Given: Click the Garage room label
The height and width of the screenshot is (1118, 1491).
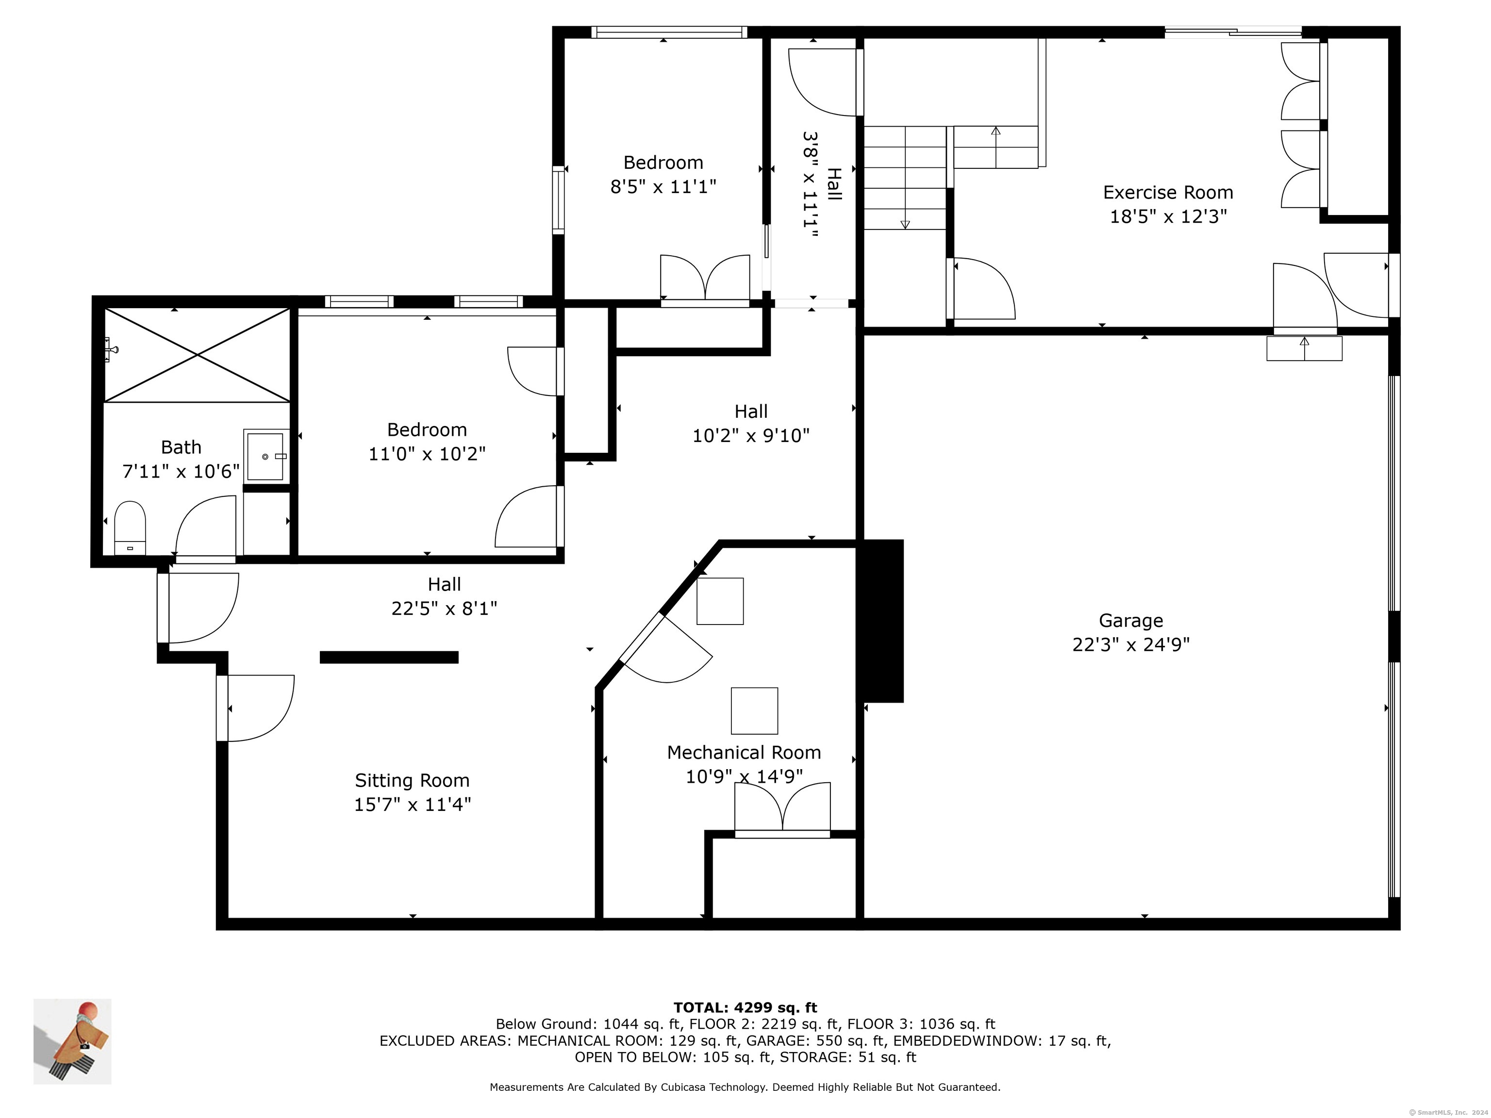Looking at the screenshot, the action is (x=1130, y=620).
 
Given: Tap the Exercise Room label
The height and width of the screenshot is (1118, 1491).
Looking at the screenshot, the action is (x=1168, y=192).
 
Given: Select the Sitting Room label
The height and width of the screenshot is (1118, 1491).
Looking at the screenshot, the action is (x=412, y=780).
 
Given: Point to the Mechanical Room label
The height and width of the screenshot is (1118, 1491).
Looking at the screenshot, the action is (x=744, y=752).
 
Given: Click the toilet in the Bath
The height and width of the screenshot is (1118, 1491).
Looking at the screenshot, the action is (x=130, y=527).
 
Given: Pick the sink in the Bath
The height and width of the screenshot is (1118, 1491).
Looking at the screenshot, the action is (x=265, y=456).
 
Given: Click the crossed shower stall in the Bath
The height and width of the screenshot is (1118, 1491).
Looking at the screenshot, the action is (x=197, y=355).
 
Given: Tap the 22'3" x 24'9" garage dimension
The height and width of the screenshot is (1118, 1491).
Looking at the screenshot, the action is (x=1130, y=645).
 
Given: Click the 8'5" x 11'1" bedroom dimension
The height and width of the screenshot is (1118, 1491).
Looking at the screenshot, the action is (x=663, y=187).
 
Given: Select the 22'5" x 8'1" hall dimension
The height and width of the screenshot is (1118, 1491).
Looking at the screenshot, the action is (x=444, y=608).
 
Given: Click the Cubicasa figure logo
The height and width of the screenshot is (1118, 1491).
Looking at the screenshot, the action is (x=72, y=1041).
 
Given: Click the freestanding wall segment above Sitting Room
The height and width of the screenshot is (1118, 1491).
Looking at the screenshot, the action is (x=389, y=657).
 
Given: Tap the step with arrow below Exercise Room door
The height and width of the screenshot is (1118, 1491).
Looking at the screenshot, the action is (x=1304, y=348).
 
